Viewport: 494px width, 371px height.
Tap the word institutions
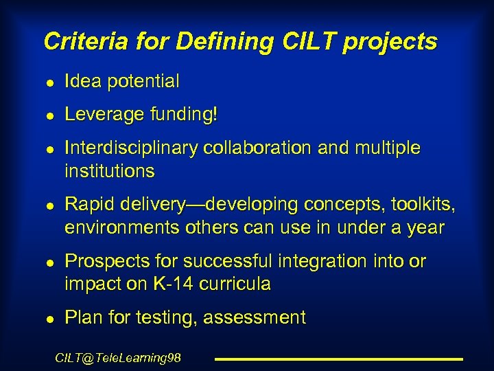(110, 170)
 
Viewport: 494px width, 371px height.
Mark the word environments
(123, 227)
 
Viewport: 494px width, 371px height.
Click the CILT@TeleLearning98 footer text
(117, 357)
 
